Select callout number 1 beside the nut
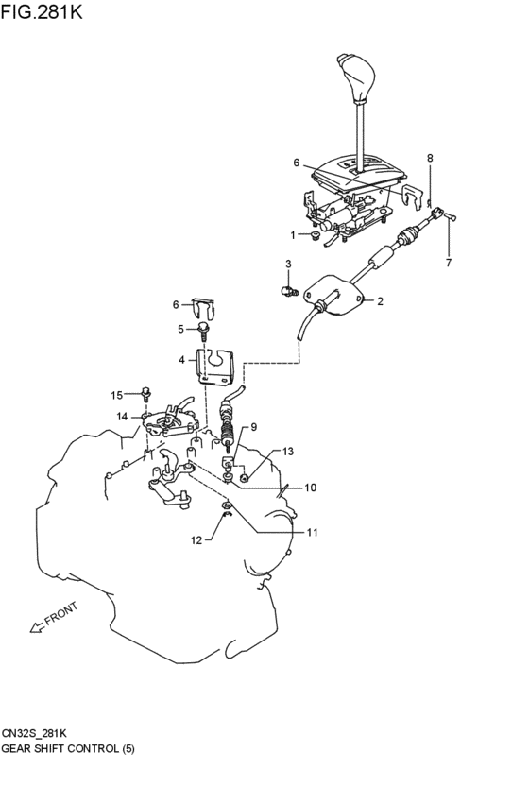pyautogui.click(x=293, y=234)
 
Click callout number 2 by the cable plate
pyautogui.click(x=380, y=302)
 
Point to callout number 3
pyautogui.click(x=288, y=264)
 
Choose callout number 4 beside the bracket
pyautogui.click(x=182, y=360)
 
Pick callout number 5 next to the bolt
pyautogui.click(x=181, y=329)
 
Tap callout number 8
pyautogui.click(x=430, y=158)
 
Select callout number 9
pyautogui.click(x=253, y=427)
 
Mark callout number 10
pyautogui.click(x=310, y=488)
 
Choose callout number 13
pyautogui.click(x=288, y=453)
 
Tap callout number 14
pyautogui.click(x=123, y=416)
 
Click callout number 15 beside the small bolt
pyautogui.click(x=118, y=394)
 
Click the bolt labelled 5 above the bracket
pyautogui.click(x=204, y=329)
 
